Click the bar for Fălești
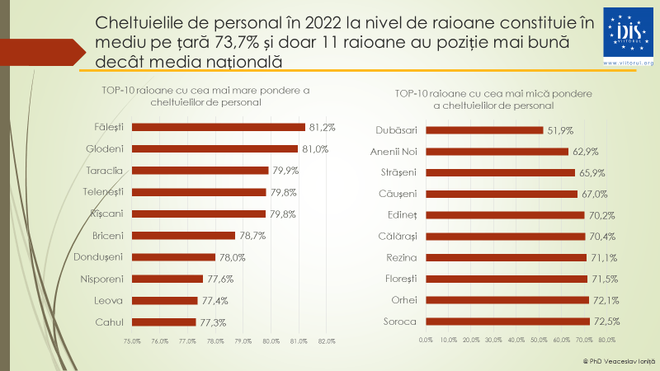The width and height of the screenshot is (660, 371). click(x=219, y=127)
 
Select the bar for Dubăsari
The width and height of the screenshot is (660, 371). click(x=484, y=130)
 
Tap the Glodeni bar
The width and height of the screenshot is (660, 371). click(x=215, y=149)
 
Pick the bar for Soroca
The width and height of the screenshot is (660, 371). click(x=507, y=321)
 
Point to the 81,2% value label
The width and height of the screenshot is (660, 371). click(x=322, y=127)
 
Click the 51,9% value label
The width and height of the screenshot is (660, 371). click(x=560, y=130)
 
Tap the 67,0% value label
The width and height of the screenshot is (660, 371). click(x=595, y=194)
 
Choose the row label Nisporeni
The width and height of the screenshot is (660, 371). click(x=102, y=279)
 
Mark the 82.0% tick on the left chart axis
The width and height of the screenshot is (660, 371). click(x=326, y=340)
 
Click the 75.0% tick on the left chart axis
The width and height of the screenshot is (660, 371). click(x=132, y=340)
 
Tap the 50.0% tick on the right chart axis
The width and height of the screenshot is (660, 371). click(x=539, y=339)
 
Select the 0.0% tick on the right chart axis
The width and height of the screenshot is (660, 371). click(x=426, y=339)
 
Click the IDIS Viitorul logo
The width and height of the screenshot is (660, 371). click(x=629, y=38)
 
